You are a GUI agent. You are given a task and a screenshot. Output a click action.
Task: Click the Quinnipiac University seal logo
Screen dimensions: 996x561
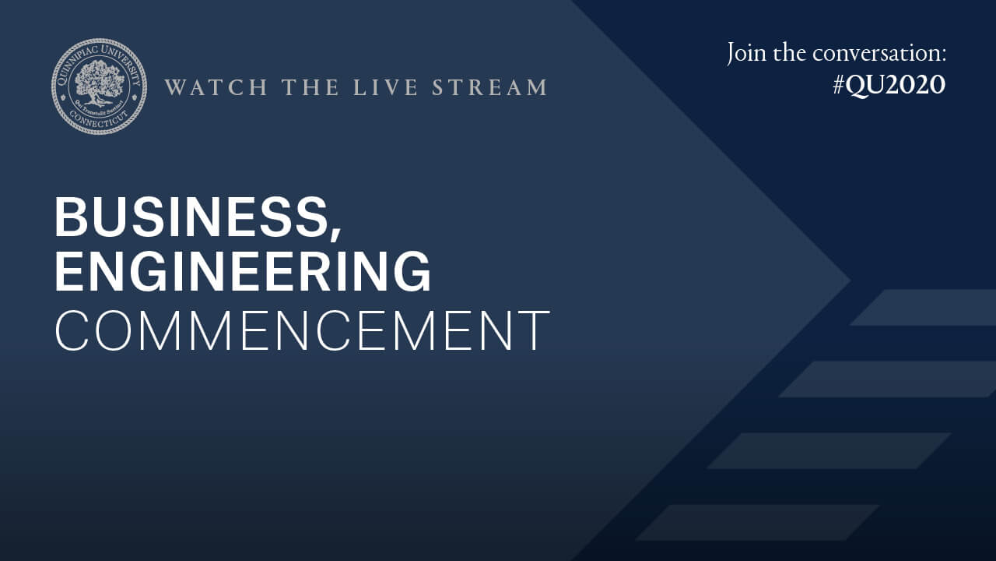[99, 86]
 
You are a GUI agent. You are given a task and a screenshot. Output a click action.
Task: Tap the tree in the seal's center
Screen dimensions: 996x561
[97, 83]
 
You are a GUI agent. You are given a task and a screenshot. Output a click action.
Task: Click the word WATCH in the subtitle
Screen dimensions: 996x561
[216, 86]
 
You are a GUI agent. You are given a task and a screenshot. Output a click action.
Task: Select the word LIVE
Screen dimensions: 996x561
[385, 86]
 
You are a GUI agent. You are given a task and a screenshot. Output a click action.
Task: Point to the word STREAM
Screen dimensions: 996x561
[489, 86]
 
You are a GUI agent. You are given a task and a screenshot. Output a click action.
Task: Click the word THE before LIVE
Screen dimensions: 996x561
[310, 86]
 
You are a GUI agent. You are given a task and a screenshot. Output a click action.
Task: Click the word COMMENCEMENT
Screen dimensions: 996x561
[303, 330]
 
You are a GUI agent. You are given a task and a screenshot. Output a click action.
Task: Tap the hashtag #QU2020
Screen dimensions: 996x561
[889, 85]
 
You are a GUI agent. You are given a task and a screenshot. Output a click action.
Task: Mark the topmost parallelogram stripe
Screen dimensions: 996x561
[923, 307]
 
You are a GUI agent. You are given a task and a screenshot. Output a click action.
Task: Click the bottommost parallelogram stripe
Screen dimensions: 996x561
[757, 522]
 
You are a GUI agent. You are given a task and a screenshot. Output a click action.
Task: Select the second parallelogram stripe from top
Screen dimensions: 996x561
[888, 379]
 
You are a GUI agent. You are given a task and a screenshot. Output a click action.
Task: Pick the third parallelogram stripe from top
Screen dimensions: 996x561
[829, 450]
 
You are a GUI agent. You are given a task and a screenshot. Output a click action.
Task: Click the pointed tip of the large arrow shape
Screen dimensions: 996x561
[850, 280]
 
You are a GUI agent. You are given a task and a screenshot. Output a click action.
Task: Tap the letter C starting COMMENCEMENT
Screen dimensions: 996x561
[71, 330]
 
